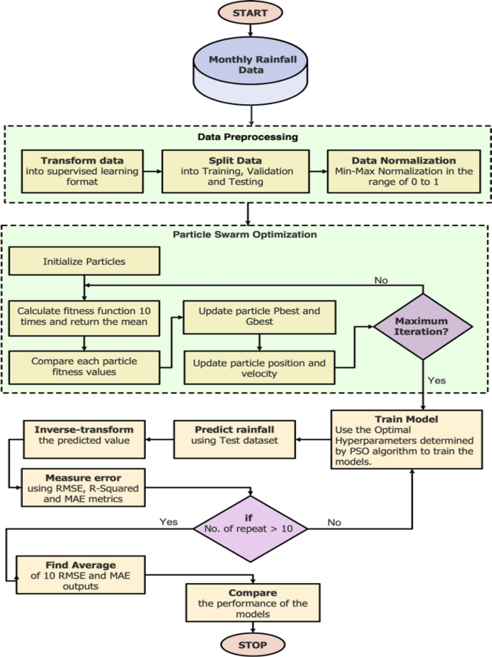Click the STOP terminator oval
252,644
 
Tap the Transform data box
81,172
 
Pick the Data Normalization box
404,172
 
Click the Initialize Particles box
83,262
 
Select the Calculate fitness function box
83,317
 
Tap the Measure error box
83,488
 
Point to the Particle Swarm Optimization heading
246,234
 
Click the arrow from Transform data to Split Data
152,172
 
